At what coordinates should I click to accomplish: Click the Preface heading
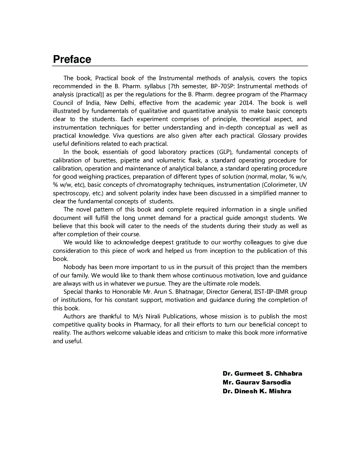72,59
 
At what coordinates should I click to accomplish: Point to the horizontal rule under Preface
180,66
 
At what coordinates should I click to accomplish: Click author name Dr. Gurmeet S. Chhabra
262,374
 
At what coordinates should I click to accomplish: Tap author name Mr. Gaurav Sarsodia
257,382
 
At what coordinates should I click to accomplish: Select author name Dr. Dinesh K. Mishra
257,391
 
